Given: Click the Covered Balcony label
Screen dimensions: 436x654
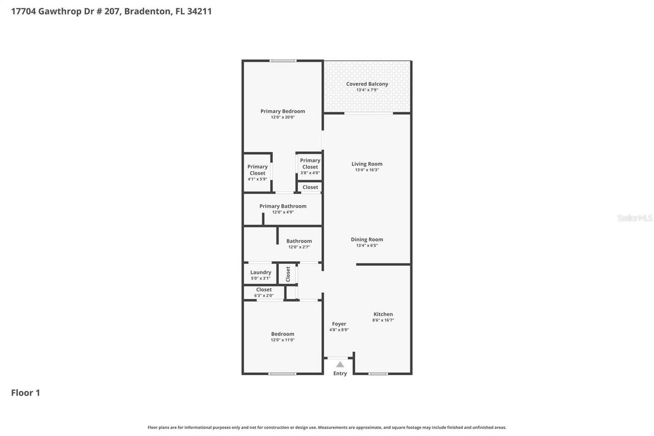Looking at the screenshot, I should click(x=367, y=84).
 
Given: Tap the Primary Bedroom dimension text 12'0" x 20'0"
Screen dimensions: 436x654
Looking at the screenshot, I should click(x=283, y=117).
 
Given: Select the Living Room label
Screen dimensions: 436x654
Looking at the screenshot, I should click(x=367, y=164).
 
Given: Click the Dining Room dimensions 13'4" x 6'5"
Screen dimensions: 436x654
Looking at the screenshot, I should click(x=367, y=245).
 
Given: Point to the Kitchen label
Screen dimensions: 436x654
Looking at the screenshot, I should click(x=383, y=314).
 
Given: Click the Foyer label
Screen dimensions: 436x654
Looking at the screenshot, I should click(x=339, y=324).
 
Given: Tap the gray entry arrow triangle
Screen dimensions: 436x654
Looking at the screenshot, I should click(x=340, y=364).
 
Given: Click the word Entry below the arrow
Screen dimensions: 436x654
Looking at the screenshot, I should click(x=340, y=374).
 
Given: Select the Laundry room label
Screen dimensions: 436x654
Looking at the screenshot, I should click(x=261, y=272).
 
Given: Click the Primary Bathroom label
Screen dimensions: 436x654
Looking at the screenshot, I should click(x=283, y=206).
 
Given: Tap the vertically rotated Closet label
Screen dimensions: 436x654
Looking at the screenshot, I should click(x=288, y=274).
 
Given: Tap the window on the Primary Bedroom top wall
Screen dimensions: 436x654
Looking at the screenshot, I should click(x=283, y=61).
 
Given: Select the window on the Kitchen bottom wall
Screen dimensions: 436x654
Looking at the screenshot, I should click(x=378, y=374).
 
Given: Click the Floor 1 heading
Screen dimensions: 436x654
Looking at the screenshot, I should click(x=26, y=393).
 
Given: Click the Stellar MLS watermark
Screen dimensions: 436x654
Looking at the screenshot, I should click(x=635, y=218).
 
